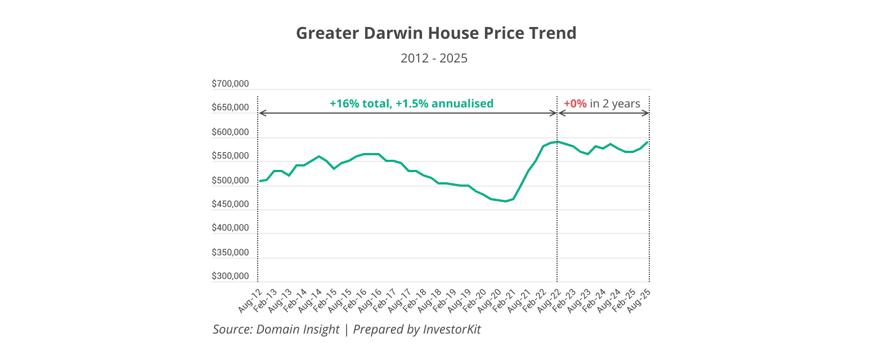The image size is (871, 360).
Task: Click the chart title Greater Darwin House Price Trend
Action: click(436, 33)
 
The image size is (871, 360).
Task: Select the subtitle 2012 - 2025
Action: click(434, 58)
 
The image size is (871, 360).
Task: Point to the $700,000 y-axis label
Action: click(230, 84)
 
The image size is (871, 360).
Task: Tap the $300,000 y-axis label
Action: click(230, 277)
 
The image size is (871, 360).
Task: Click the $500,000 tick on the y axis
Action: click(230, 181)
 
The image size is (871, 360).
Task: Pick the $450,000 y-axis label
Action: click(230, 204)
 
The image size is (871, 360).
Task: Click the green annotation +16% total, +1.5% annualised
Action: click(411, 103)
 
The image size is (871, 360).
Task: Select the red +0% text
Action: click(575, 103)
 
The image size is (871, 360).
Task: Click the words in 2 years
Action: click(615, 103)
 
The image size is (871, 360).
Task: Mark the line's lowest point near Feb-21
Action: click(505, 201)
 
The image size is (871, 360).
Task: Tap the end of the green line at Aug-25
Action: click(648, 142)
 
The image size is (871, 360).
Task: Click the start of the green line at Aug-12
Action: click(259, 181)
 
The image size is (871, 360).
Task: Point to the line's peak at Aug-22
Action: click(557, 142)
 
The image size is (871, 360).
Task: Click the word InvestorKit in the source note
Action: click(452, 330)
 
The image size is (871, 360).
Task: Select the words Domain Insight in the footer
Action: click(298, 330)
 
